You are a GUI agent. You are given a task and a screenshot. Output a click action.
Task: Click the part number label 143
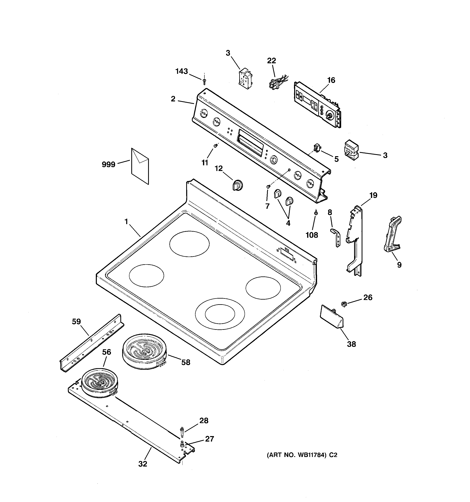point(182,71)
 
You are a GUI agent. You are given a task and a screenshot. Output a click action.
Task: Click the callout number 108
point(312,235)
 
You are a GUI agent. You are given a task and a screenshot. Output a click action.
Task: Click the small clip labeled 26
point(343,304)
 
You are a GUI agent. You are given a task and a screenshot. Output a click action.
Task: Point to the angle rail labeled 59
point(92,342)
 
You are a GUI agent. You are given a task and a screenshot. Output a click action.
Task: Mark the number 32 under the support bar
point(143,464)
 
